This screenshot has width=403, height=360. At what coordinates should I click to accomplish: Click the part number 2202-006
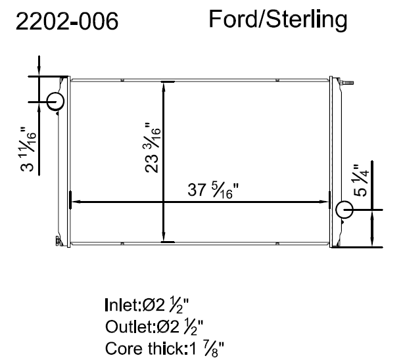click(67, 21)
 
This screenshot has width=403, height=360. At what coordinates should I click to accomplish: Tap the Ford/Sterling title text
click(278, 20)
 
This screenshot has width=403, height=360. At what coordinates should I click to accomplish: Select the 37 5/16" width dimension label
click(213, 191)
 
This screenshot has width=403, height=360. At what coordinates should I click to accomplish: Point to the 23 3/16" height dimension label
click(153, 147)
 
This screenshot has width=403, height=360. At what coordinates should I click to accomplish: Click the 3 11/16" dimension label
click(28, 149)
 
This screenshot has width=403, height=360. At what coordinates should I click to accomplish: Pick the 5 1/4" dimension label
click(361, 181)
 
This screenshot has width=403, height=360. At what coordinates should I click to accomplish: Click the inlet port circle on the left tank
click(55, 101)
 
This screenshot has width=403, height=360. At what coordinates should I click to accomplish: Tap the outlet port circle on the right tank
click(344, 210)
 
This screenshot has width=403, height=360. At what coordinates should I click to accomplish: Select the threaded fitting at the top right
click(346, 83)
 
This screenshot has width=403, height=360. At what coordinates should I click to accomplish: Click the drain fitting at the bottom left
click(59, 241)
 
